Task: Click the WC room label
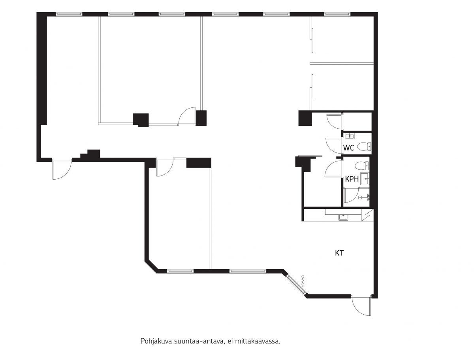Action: pos(348,148)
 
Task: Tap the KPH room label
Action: pos(352,179)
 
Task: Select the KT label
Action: pos(339,253)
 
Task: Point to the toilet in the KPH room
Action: pos(362,166)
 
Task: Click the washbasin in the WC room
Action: pos(350,136)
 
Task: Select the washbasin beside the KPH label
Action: pos(365,179)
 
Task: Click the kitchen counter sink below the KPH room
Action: pos(343,217)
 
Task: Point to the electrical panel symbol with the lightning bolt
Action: pos(367,215)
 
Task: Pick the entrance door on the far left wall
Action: pos(62,169)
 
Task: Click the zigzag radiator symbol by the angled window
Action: pos(303,281)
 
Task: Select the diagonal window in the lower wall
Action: pos(297,284)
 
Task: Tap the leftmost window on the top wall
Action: pos(69,14)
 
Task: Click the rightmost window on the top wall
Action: pos(337,14)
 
